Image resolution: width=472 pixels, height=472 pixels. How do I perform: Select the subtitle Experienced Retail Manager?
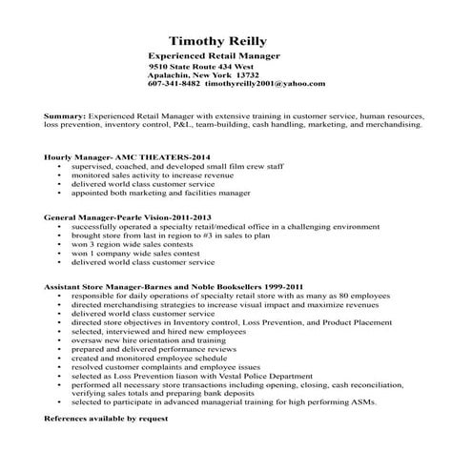[x=215, y=56]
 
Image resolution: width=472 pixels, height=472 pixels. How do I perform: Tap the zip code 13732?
[x=242, y=74]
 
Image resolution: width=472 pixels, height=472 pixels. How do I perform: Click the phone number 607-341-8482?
[x=174, y=83]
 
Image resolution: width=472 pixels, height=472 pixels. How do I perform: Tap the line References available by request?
[x=106, y=419]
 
